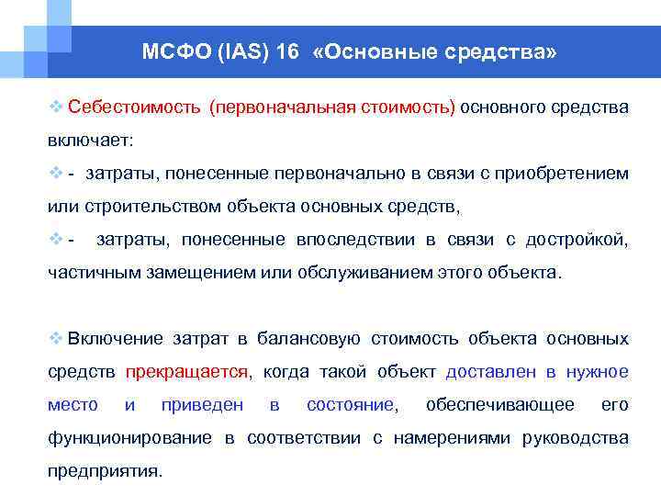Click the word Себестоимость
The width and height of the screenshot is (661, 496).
point(134,108)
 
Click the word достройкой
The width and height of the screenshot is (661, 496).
point(576,241)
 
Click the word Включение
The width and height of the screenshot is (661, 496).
point(115,339)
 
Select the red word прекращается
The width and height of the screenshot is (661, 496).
point(186,372)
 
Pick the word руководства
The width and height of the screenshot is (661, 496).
point(576,438)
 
